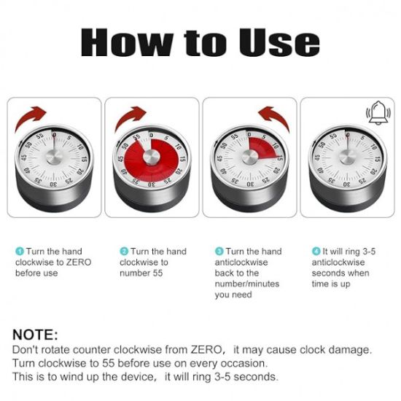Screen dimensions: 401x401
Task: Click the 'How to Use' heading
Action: tap(200, 42)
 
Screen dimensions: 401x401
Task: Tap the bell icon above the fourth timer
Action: tap(375, 113)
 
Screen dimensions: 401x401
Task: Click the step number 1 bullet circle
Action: tap(19, 252)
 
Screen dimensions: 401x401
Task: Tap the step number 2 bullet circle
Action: tap(123, 252)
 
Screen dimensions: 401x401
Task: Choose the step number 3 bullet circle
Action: tap(219, 252)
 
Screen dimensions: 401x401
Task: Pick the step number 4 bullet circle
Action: tap(316, 252)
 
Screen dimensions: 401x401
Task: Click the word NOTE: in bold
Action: tap(35, 335)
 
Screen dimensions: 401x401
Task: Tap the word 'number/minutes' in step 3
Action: tap(246, 284)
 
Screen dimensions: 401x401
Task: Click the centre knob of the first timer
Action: tap(53, 155)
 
